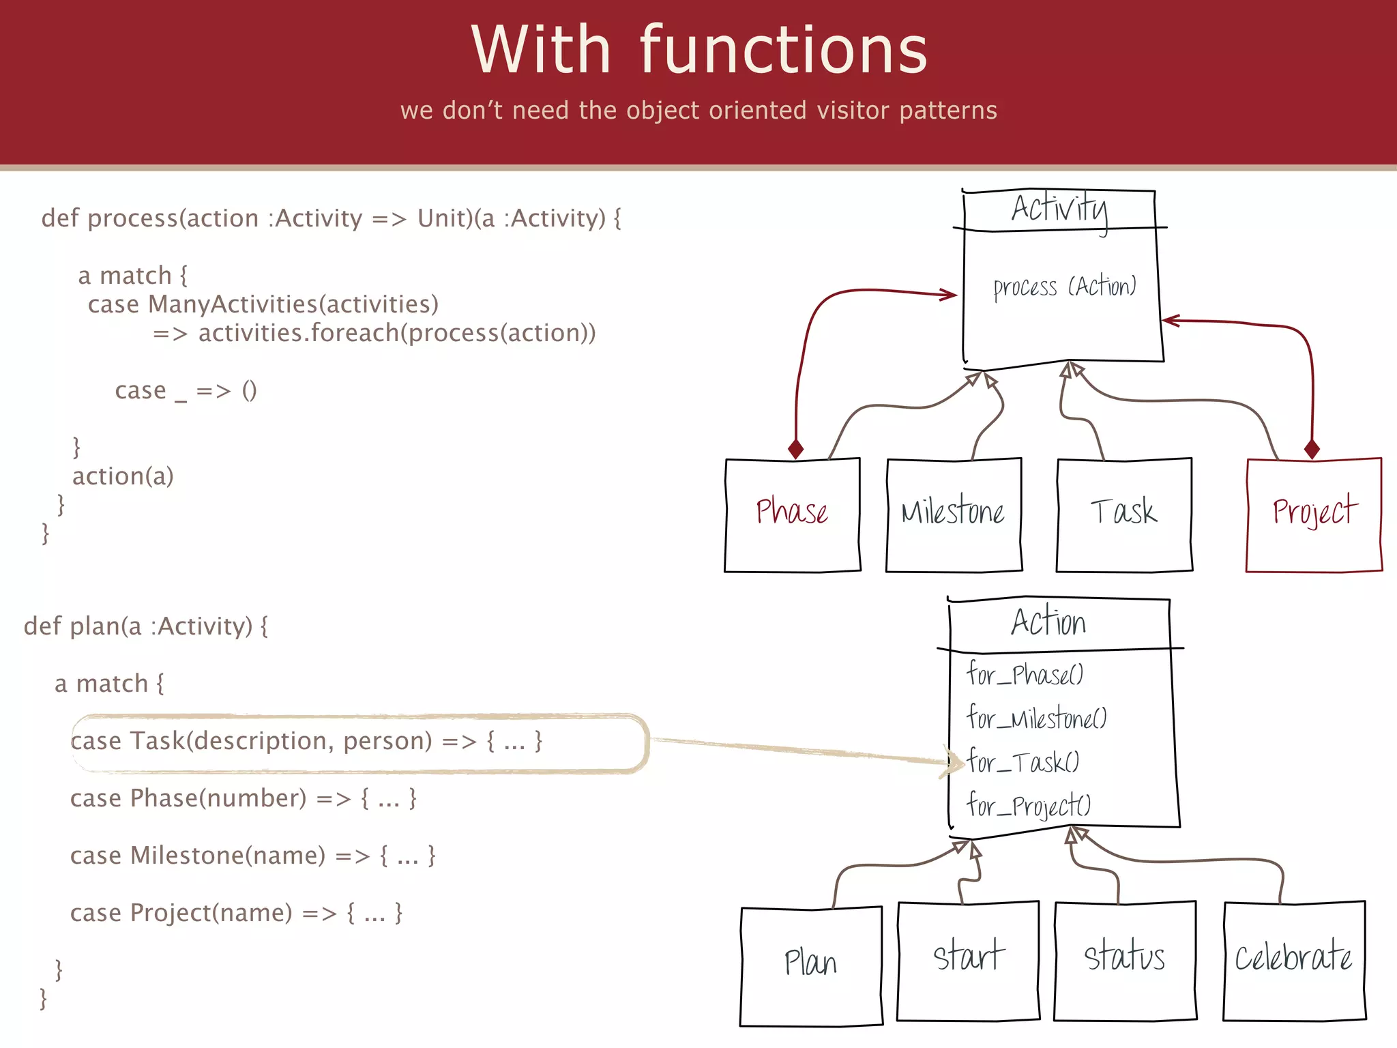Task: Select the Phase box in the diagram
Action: click(792, 514)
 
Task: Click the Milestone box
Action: click(954, 514)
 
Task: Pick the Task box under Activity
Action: click(1124, 514)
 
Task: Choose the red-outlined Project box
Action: click(1314, 514)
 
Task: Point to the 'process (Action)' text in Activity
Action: click(1064, 287)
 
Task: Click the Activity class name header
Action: click(1059, 209)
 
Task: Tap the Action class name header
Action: click(1048, 622)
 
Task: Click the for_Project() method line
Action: click(1029, 806)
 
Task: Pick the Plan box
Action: click(810, 965)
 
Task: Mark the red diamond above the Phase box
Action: click(795, 449)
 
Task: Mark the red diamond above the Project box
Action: click(1311, 449)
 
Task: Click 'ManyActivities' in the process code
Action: click(233, 304)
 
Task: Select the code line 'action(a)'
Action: click(123, 476)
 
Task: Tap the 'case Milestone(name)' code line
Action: click(198, 856)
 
